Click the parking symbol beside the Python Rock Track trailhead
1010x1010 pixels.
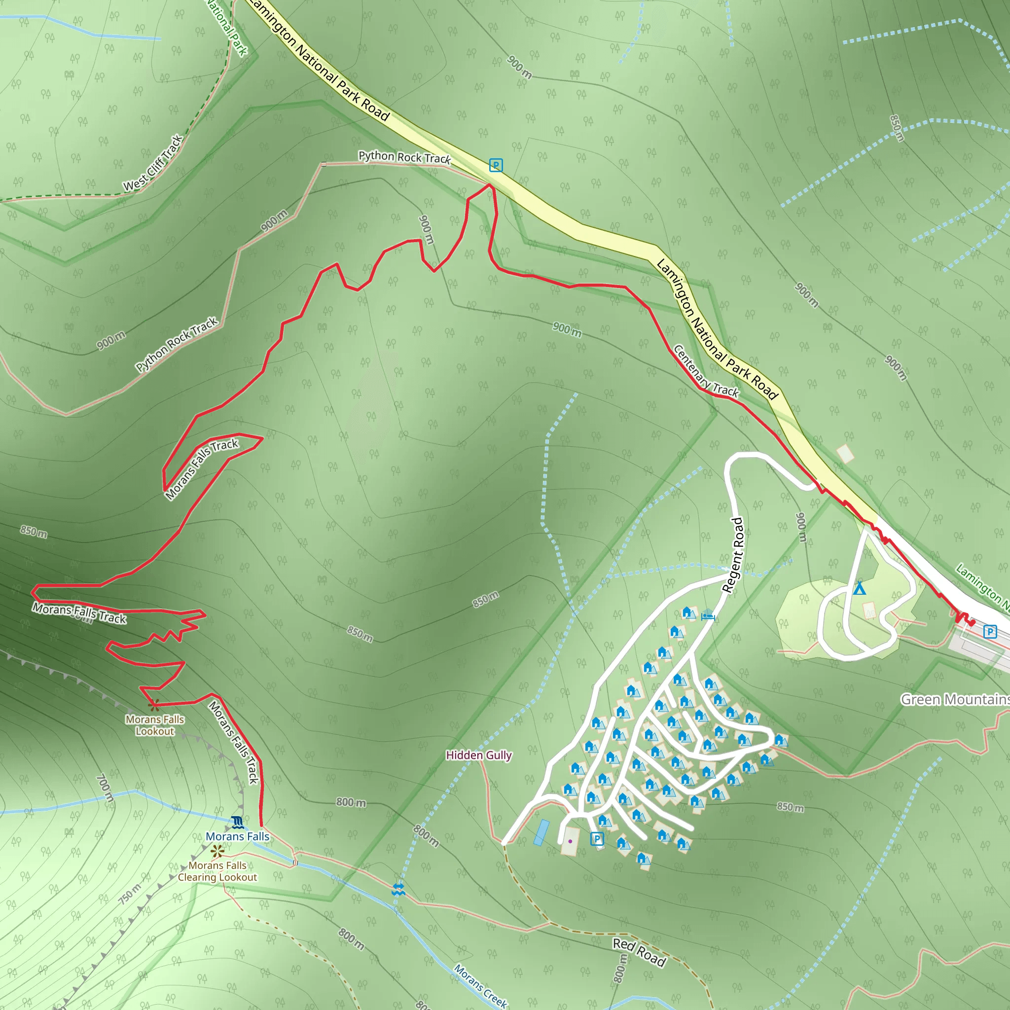[x=496, y=165]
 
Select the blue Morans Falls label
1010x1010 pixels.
[x=237, y=836]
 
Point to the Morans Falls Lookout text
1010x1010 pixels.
[x=155, y=725]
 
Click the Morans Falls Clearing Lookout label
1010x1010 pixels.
[x=217, y=871]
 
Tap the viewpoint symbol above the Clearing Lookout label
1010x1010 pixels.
[x=217, y=852]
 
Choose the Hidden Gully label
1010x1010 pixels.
[x=478, y=756]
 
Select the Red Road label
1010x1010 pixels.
[x=639, y=951]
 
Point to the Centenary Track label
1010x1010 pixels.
[x=706, y=371]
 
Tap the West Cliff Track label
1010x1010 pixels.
[x=153, y=163]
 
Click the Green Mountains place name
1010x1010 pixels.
[x=955, y=699]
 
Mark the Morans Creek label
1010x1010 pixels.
[x=480, y=986]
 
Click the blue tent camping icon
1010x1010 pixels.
[x=859, y=589]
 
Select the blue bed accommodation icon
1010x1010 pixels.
[x=708, y=616]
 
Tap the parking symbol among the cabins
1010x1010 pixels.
[x=597, y=839]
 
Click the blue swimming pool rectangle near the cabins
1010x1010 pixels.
[x=541, y=833]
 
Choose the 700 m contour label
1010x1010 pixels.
[x=105, y=788]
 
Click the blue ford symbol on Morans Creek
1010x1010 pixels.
[x=398, y=889]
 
